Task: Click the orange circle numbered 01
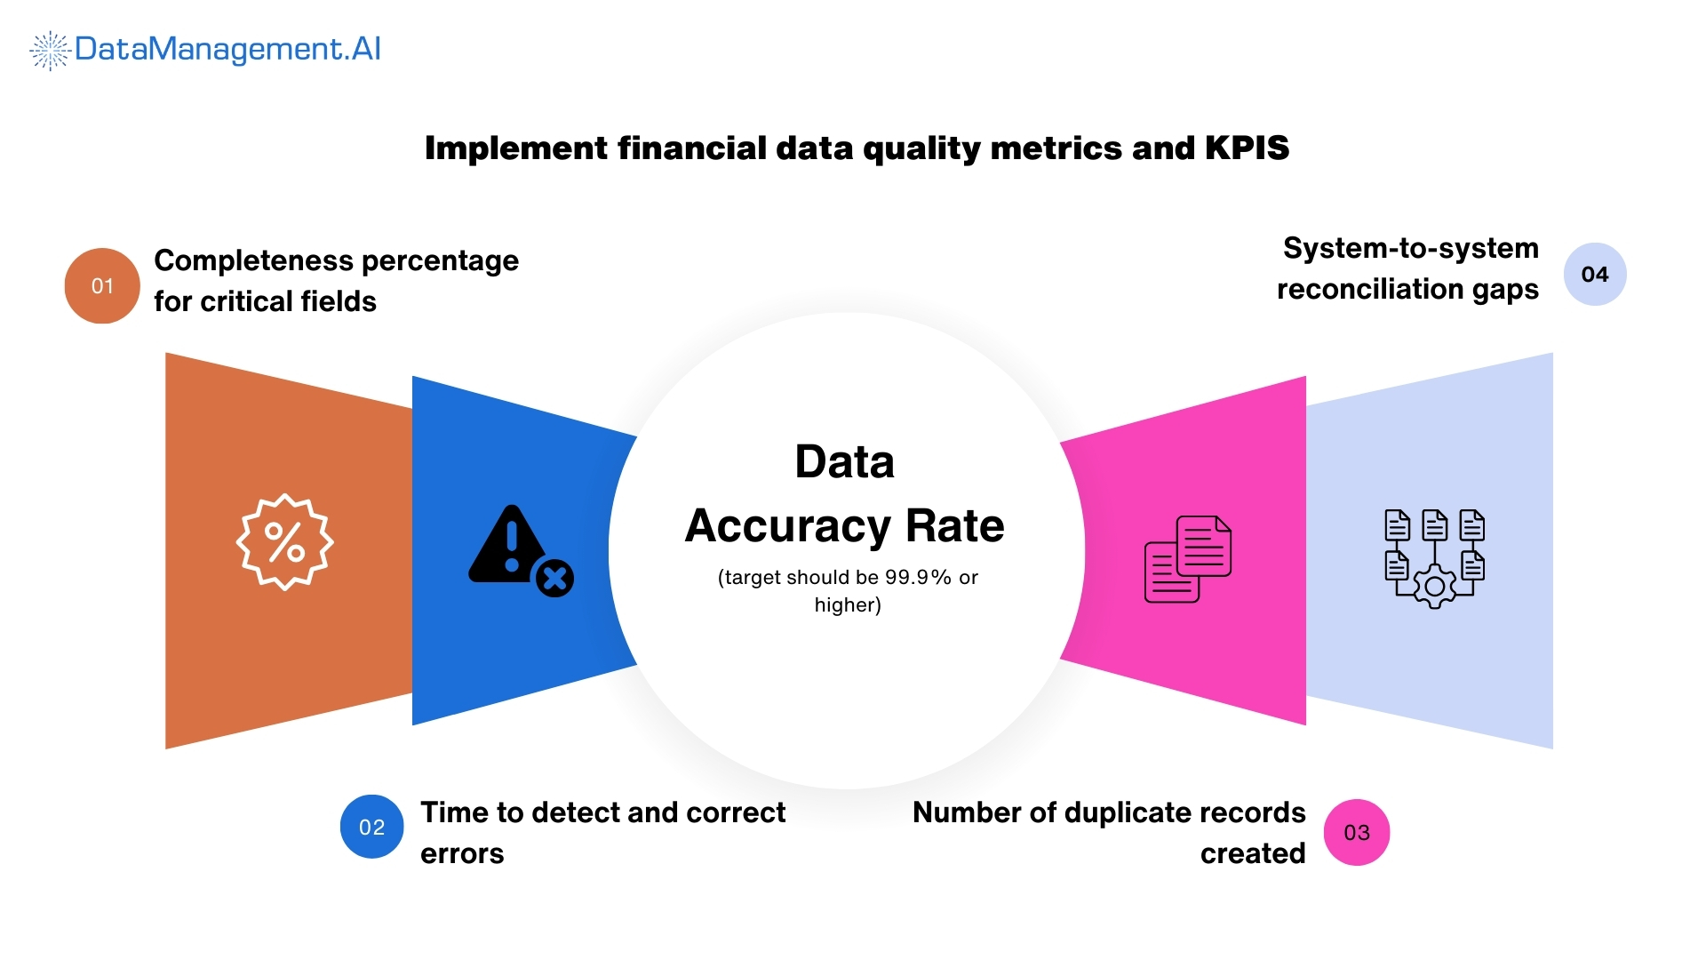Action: tap(102, 285)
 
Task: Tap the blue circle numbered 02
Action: tap(371, 827)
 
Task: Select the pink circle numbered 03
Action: tap(1357, 832)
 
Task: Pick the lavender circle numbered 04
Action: tap(1595, 274)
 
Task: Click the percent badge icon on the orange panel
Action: tap(284, 542)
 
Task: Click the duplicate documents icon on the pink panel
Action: tap(1188, 559)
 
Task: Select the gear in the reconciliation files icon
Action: tap(1434, 587)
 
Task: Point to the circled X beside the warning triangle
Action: tap(555, 580)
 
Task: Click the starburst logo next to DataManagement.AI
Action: tap(50, 50)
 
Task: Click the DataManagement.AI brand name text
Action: tap(227, 49)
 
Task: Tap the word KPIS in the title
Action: tap(1247, 148)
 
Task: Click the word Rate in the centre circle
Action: tap(954, 525)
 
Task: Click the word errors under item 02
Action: tap(462, 853)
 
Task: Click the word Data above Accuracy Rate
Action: tap(844, 462)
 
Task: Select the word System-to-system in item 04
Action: tap(1410, 248)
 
